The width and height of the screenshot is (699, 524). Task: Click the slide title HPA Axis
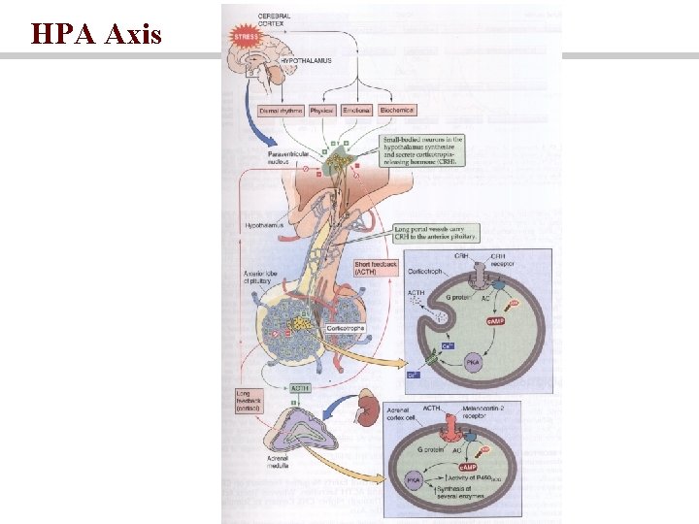(x=95, y=35)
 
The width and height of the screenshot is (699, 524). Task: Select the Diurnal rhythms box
(x=282, y=111)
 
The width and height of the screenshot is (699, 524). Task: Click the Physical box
(x=322, y=111)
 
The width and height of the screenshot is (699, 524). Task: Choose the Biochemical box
(x=397, y=111)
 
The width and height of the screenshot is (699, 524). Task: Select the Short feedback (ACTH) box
(x=376, y=268)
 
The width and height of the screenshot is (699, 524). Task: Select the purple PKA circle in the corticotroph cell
(x=473, y=362)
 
